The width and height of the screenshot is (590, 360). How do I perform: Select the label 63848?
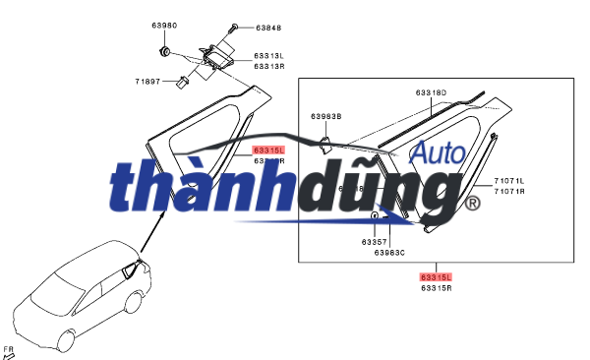point(268,28)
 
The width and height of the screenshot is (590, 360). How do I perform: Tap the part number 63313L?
point(268,56)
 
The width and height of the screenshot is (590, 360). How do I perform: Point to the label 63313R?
point(268,66)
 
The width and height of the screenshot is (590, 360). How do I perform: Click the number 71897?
point(149,83)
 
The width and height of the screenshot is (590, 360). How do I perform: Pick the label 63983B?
point(326,116)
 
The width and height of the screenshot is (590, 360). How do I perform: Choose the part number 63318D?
point(432,92)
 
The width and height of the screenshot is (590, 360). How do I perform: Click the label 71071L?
point(509,181)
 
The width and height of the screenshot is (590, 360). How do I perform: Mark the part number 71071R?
point(509,191)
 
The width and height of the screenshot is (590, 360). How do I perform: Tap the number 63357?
point(374,241)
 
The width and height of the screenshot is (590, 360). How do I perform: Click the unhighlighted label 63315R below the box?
point(436,288)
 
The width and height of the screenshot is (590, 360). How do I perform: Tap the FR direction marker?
point(10,351)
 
